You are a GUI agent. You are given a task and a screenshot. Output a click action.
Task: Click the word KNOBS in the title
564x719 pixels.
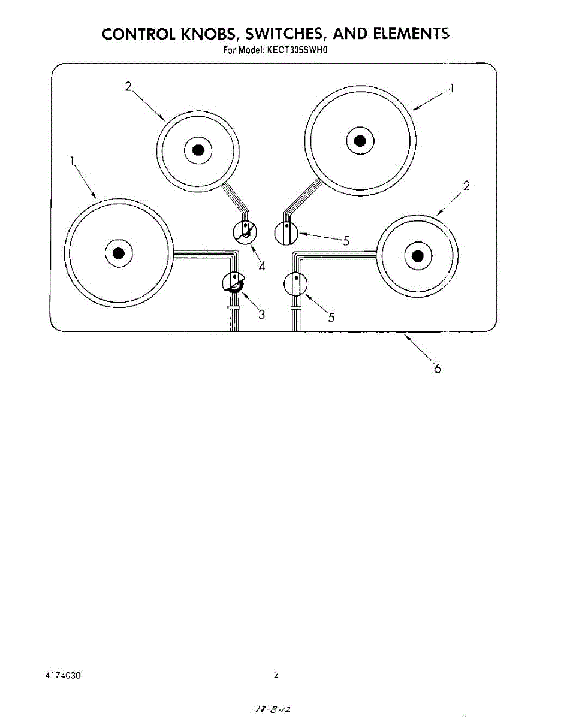(x=210, y=34)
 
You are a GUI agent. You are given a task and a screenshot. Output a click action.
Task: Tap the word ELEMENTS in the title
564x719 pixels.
(x=411, y=34)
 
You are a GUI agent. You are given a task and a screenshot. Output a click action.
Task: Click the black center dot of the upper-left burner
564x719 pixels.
(x=198, y=150)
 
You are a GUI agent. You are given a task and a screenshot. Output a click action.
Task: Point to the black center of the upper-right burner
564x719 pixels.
(x=360, y=141)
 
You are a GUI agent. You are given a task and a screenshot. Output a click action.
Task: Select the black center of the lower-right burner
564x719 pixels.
(x=418, y=257)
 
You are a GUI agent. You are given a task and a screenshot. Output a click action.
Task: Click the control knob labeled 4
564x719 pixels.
(x=245, y=231)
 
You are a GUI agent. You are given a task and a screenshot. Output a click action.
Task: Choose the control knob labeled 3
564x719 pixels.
(x=233, y=283)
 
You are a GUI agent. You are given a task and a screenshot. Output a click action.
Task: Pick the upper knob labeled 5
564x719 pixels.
(x=286, y=233)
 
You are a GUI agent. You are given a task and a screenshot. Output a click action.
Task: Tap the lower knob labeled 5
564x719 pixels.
(x=295, y=284)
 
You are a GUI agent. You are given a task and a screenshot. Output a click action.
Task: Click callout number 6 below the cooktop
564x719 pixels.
(x=437, y=369)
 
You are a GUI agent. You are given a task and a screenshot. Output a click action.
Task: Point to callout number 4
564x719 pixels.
(x=262, y=266)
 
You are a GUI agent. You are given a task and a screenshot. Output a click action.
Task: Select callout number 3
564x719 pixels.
(x=261, y=315)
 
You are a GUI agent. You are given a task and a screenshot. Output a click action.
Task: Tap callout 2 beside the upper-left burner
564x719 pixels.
(x=128, y=86)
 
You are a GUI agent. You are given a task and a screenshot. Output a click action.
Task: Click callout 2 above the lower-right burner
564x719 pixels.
(x=466, y=185)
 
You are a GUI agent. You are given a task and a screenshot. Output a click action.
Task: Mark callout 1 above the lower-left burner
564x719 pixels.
(x=72, y=161)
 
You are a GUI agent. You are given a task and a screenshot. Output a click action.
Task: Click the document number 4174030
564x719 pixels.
(x=63, y=675)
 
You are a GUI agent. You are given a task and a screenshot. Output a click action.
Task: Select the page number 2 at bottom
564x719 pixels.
(x=276, y=675)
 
